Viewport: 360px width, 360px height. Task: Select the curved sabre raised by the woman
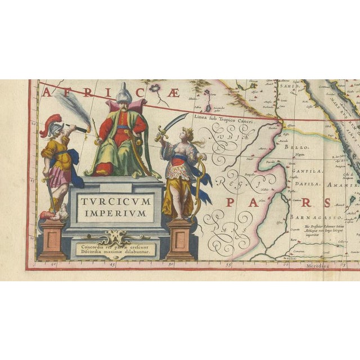175,123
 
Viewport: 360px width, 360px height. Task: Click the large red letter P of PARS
231,204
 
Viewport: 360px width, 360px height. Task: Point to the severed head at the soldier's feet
62,213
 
